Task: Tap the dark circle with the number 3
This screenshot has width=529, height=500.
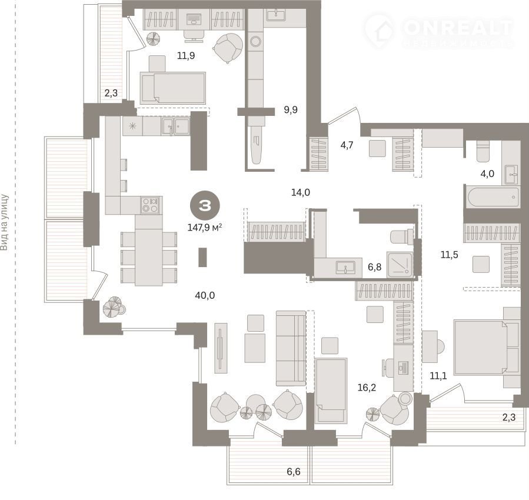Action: (205, 205)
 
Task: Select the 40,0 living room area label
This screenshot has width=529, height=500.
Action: (205, 295)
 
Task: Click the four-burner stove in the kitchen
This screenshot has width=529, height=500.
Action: (149, 205)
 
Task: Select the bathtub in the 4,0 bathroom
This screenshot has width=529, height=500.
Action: (493, 196)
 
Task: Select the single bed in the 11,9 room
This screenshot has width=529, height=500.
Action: (172, 88)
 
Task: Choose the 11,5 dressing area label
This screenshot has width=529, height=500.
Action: (450, 255)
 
